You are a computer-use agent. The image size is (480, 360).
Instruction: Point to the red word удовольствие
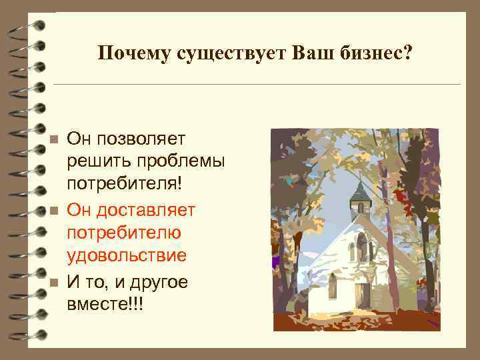coord(127,256)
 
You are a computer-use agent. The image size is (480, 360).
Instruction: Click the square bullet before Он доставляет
coord(55,210)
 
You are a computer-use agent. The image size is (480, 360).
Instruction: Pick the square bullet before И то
coord(55,283)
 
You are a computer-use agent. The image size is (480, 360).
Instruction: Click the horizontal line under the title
coord(256,85)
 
